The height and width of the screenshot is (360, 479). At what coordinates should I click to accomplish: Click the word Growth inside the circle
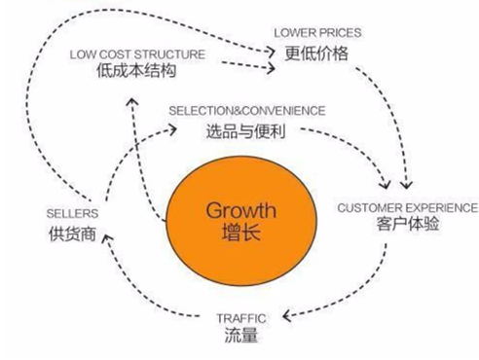(x=239, y=210)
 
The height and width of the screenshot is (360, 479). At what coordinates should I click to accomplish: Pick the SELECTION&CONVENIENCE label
(x=247, y=111)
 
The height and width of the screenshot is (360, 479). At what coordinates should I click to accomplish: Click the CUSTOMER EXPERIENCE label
(x=407, y=208)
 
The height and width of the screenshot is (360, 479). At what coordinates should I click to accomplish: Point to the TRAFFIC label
(x=240, y=318)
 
